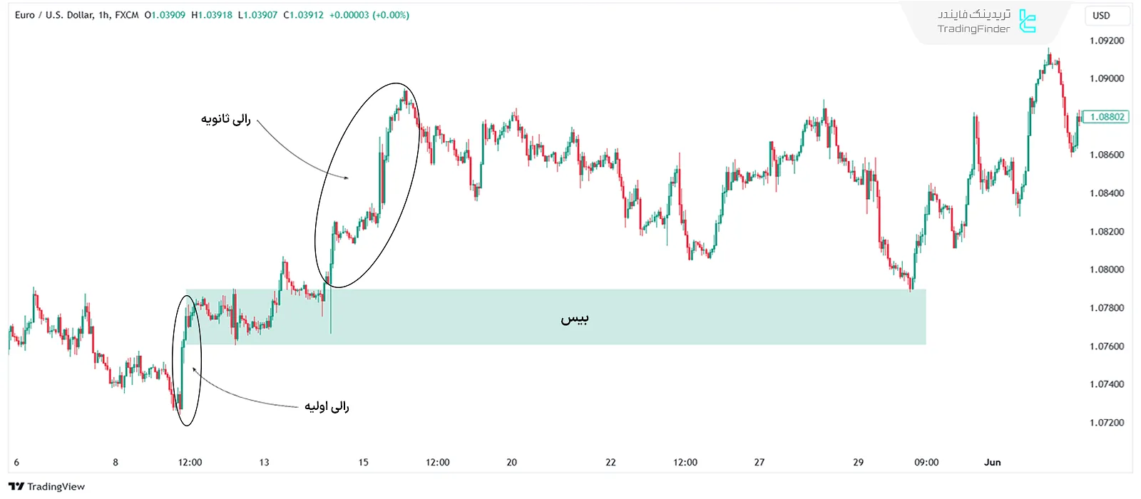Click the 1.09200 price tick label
tap(1107, 41)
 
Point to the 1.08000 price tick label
tap(1107, 269)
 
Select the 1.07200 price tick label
tap(1107, 423)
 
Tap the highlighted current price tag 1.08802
tap(1106, 117)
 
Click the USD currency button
tap(1101, 16)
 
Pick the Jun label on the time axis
tap(992, 463)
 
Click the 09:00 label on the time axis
tap(926, 463)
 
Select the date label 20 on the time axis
tap(511, 463)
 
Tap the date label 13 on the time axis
tap(264, 463)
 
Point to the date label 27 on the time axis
tap(759, 463)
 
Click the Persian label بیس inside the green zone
tap(574, 319)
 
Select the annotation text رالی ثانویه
tap(225, 119)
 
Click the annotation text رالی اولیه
tap(327, 406)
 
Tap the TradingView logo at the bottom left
tap(47, 487)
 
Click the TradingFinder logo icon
tap(1027, 21)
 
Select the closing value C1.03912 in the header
tap(303, 15)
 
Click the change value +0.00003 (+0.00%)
tap(369, 15)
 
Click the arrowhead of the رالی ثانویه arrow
tap(347, 178)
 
